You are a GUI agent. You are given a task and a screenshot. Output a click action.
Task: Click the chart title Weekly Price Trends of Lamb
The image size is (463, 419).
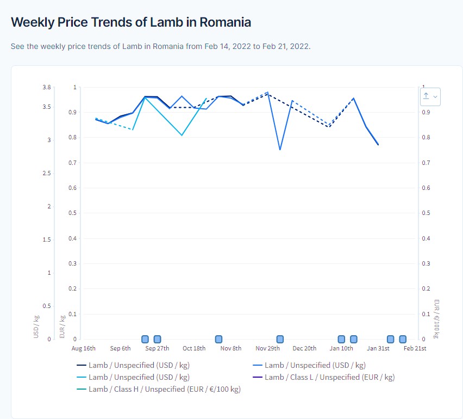point(130,22)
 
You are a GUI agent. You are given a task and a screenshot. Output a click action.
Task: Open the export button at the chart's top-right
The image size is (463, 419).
point(429,96)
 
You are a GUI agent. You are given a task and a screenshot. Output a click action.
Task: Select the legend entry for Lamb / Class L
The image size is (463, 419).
point(329,377)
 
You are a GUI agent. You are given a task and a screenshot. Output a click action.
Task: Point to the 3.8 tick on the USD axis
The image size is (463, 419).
point(47,87)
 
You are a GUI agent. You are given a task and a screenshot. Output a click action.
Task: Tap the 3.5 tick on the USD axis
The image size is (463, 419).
point(47,107)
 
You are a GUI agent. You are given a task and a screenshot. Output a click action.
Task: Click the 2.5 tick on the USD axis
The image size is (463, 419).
point(47,173)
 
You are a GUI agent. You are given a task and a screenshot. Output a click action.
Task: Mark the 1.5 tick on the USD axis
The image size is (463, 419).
point(47,239)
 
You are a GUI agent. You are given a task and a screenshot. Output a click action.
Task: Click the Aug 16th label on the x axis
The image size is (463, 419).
point(83,348)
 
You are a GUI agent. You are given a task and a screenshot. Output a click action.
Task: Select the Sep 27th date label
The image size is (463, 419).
point(157,348)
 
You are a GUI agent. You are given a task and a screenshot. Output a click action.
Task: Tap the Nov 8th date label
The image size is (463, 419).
point(231,348)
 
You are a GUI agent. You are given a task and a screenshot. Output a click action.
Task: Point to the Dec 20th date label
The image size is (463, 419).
point(304,348)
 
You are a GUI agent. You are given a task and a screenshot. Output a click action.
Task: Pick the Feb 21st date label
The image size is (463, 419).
point(415,348)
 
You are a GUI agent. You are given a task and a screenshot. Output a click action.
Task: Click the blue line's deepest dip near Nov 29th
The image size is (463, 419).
point(280,150)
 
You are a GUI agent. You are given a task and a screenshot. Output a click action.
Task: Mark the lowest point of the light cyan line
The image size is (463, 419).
point(182,135)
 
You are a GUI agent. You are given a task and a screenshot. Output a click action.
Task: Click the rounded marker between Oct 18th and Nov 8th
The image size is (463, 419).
point(218,339)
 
